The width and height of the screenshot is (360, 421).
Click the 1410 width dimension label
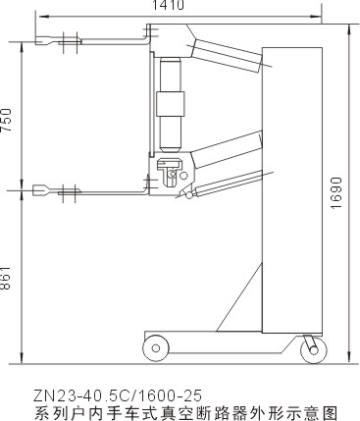169,5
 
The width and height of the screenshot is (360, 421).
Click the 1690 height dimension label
336,193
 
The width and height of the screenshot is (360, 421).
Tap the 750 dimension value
6,120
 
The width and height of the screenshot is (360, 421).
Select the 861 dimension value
6,278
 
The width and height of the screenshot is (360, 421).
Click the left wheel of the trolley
156,348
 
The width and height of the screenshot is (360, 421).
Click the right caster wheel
314,350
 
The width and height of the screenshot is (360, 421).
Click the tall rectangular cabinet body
292,190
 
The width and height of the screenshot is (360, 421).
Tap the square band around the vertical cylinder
170,104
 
